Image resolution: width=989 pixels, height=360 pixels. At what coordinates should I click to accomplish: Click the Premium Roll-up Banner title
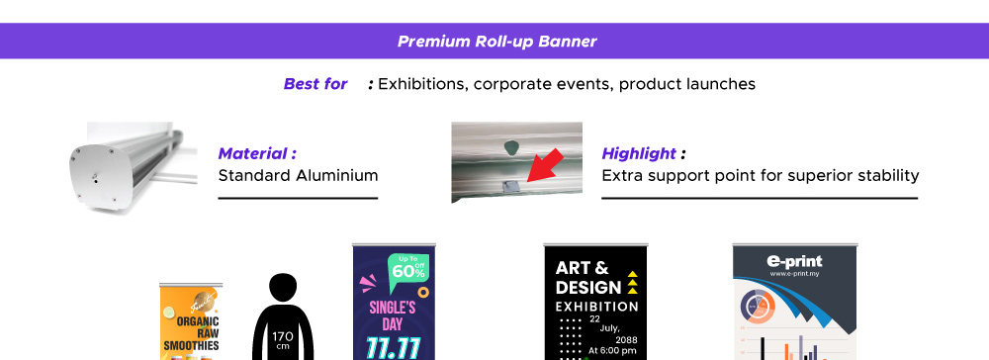tap(496, 43)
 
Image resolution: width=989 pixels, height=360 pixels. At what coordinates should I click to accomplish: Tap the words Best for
tap(315, 84)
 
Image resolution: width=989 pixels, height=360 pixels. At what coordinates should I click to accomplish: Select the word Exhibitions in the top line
tap(420, 84)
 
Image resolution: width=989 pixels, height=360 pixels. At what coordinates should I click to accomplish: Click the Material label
tap(257, 154)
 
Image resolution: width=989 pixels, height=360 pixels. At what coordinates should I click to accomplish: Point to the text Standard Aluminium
tap(298, 176)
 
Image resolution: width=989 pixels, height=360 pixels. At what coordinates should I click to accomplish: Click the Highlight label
tap(639, 154)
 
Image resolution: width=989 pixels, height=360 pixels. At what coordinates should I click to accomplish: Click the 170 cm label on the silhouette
tap(282, 339)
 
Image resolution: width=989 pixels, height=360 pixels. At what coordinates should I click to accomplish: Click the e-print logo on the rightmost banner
tap(794, 263)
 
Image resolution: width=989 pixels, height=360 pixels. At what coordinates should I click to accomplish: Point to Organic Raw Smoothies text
tap(192, 333)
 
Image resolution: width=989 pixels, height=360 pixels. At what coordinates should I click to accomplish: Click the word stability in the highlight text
tap(885, 176)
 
